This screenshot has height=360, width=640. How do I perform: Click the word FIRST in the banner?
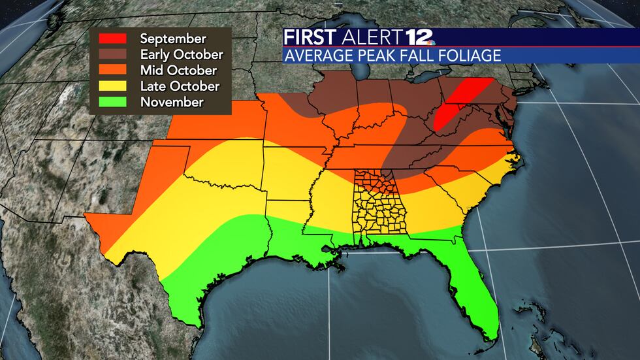pyautogui.click(x=309, y=37)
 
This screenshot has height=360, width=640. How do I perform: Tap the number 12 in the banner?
pyautogui.click(x=413, y=37)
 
